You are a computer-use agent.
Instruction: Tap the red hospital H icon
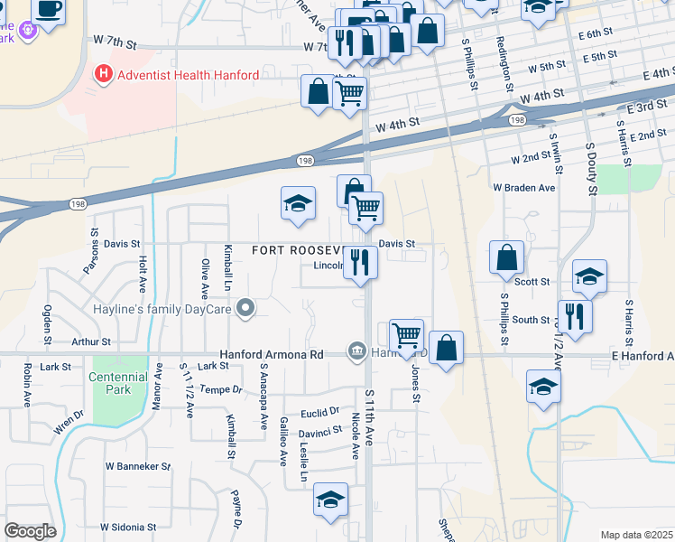point(104,74)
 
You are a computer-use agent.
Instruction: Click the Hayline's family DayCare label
point(162,310)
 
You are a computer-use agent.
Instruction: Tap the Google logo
point(31,530)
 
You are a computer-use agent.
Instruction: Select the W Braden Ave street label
point(523,188)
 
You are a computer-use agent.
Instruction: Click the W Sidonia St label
point(128,527)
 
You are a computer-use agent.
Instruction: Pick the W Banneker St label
point(137,466)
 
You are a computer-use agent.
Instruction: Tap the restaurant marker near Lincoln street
point(360,263)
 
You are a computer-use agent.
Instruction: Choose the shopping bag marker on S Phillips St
point(506,257)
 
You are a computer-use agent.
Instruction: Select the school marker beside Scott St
point(589,276)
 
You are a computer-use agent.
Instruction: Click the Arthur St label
point(90,342)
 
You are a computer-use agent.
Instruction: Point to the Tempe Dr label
point(221,389)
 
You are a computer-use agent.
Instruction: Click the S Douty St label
point(592,168)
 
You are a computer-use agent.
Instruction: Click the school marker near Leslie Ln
point(330,500)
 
